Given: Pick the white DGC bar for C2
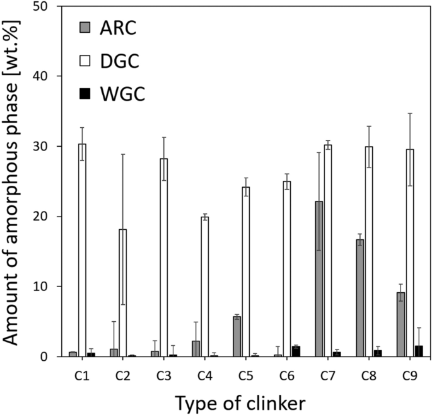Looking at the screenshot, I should tap(123, 293).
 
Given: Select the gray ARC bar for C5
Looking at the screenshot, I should tap(237, 336).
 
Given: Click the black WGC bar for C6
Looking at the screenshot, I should tap(296, 351).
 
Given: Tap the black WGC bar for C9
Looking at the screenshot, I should tap(419, 351).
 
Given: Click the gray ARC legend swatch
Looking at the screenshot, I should tap(85, 27).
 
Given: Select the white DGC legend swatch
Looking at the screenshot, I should tap(85, 60).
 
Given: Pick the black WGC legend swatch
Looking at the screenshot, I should tap(85, 94).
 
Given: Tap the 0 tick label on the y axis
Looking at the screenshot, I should tap(50, 356).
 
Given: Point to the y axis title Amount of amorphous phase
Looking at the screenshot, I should tap(14, 181).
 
